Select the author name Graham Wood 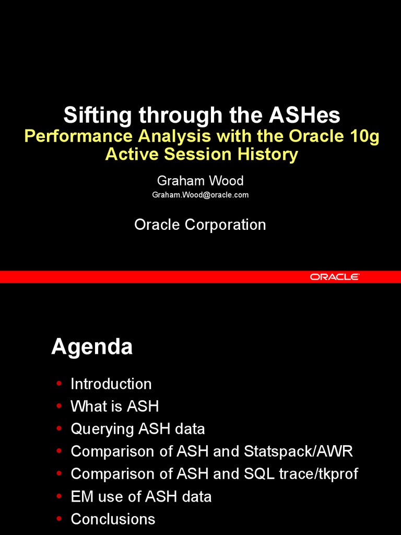tap(200, 181)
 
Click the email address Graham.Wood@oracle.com tap(200, 195)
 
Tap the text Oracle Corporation tap(200, 225)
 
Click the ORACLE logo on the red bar tap(335, 277)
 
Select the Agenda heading tap(92, 347)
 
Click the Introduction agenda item tap(111, 384)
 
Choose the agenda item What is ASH tap(114, 406)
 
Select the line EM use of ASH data tap(141, 496)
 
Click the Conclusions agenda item tap(113, 519)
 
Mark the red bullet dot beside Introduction tap(59, 384)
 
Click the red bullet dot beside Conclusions tap(59, 519)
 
